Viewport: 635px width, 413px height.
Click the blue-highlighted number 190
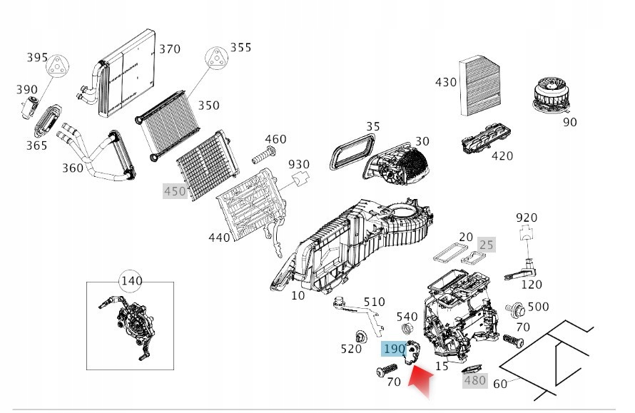pyautogui.click(x=394, y=349)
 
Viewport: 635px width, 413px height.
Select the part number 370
pyautogui.click(x=170, y=49)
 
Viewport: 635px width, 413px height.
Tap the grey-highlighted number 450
pyautogui.click(x=175, y=190)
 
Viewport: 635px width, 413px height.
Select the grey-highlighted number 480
pyautogui.click(x=474, y=380)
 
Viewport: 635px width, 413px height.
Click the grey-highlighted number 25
pyautogui.click(x=486, y=245)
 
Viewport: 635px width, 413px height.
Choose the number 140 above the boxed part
pyautogui.click(x=131, y=280)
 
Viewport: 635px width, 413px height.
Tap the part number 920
pyautogui.click(x=527, y=218)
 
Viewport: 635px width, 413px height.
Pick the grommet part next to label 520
pyautogui.click(x=360, y=336)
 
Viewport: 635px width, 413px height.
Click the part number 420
pyautogui.click(x=502, y=156)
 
